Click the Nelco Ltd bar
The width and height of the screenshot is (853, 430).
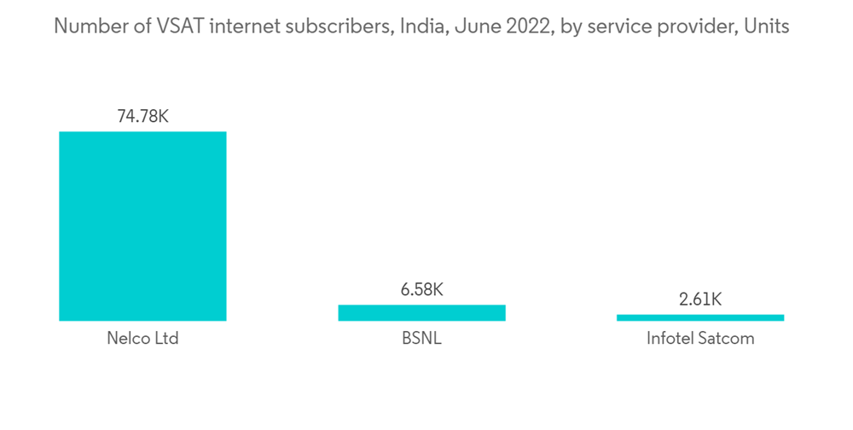[x=142, y=226]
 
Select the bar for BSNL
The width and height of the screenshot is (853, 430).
[x=421, y=313]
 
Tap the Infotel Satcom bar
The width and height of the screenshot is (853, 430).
[x=700, y=317]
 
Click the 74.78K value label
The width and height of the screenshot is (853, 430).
[x=142, y=116]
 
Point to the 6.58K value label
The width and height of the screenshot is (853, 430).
[x=421, y=289]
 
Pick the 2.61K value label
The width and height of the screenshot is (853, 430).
[x=700, y=299]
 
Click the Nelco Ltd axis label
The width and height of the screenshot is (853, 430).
[x=142, y=339]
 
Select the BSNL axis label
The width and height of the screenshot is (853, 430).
[x=421, y=339]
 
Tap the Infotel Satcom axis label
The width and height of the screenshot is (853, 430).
[x=700, y=339]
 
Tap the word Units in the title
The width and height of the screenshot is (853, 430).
[x=766, y=26]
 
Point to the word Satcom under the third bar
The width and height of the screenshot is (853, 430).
[x=726, y=339]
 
